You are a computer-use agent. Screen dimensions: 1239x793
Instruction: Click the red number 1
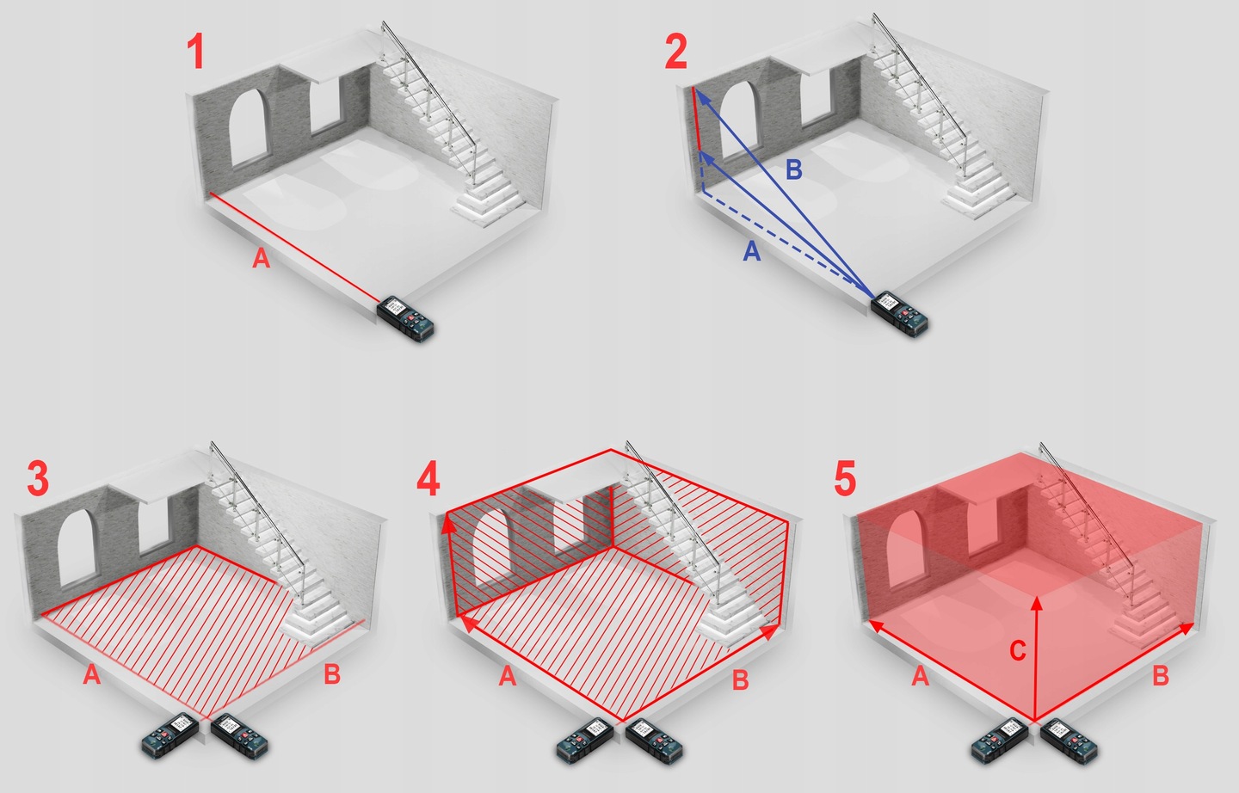(x=196, y=51)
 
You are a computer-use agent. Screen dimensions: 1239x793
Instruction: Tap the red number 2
(x=676, y=51)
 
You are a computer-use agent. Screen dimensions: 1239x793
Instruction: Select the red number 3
(x=38, y=478)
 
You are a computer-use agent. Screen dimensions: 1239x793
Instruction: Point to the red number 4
(x=428, y=478)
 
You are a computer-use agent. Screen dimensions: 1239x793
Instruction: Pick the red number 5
(x=845, y=478)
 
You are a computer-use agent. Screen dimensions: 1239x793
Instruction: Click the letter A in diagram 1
(x=261, y=258)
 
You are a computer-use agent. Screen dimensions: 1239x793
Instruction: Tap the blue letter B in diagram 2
(x=793, y=169)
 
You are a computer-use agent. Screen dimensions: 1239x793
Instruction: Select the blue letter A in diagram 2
(x=752, y=251)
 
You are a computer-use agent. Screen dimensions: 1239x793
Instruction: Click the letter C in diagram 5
(x=1018, y=650)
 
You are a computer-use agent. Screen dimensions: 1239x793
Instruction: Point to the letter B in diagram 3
(x=332, y=674)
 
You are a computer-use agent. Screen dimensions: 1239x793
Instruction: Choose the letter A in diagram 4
(x=508, y=676)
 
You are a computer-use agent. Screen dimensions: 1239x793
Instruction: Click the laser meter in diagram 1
(x=405, y=319)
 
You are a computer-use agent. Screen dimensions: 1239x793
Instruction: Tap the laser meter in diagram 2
(x=899, y=314)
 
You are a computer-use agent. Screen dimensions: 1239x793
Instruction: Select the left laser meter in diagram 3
(x=170, y=735)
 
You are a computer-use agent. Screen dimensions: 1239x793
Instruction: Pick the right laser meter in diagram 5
(x=1069, y=741)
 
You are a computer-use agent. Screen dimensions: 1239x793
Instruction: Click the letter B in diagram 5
(x=1160, y=676)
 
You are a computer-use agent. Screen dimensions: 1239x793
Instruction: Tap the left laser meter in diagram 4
(x=585, y=741)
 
